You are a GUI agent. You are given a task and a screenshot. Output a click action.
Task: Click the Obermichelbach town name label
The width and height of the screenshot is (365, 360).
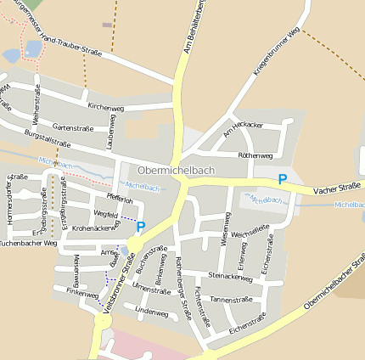tap(176, 170)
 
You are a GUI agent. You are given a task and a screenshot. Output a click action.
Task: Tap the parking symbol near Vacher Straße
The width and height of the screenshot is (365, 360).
tap(283, 179)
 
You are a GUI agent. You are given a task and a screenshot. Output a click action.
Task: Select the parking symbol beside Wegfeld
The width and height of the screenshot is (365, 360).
tap(141, 227)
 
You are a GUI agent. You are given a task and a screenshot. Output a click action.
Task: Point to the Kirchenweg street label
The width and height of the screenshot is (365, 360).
tap(106, 109)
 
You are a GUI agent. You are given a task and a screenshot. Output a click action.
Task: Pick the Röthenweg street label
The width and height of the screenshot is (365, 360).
tap(255, 156)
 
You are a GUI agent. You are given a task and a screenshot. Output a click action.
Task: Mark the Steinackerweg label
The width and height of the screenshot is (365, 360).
tap(230, 277)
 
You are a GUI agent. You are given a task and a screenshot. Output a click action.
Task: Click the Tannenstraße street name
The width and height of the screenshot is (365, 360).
tap(232, 300)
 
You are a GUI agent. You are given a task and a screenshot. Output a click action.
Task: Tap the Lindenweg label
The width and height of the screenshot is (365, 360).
tap(151, 313)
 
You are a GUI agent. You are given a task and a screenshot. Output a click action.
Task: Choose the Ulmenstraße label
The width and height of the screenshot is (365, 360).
tap(151, 290)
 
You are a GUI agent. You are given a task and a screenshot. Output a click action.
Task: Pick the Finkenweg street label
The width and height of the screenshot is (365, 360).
tap(82, 292)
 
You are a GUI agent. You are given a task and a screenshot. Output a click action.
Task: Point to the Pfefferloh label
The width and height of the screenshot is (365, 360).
tap(120, 200)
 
